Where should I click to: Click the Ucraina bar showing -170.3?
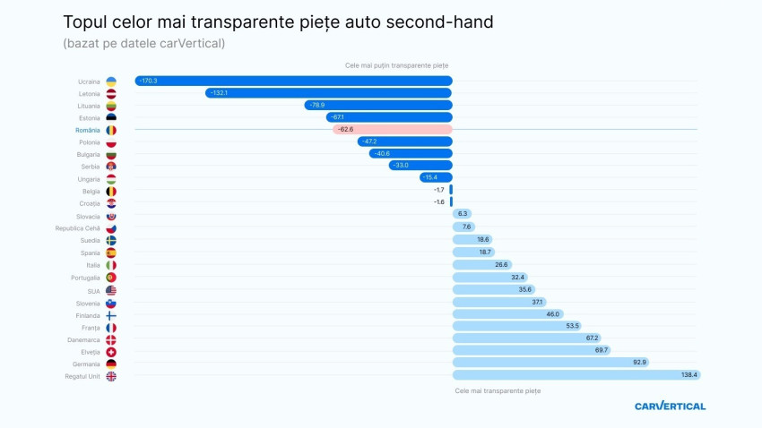[293, 81]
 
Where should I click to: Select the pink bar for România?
[392, 129]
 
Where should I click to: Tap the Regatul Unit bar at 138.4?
[576, 375]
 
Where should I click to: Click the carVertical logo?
[670, 406]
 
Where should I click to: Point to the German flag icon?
[111, 364]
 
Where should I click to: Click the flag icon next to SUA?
[111, 290]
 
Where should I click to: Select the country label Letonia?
[89, 93]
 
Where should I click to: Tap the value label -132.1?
[219, 93]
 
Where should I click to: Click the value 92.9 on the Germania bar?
[639, 363]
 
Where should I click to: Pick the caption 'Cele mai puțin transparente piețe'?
[396, 65]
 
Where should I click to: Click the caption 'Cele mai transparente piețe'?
[498, 390]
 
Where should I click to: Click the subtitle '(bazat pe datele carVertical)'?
[143, 43]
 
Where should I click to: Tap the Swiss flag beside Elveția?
[111, 352]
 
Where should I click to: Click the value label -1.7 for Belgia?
[439, 190]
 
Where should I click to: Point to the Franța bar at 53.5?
[517, 326]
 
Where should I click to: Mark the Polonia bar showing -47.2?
[404, 141]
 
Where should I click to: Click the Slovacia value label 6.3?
[463, 214]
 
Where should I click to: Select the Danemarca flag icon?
[111, 339]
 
